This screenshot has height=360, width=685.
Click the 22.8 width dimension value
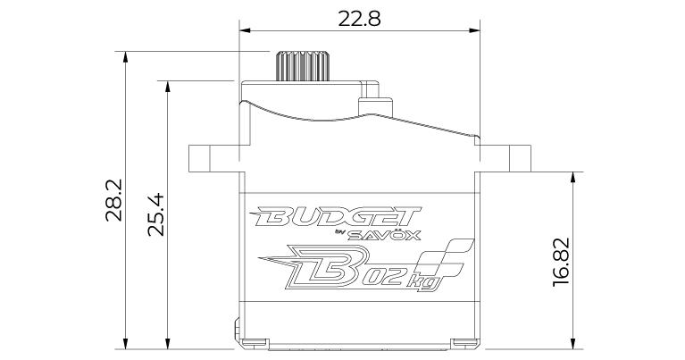pyautogui.click(x=359, y=19)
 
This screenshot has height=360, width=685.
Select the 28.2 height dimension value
pyautogui.click(x=114, y=200)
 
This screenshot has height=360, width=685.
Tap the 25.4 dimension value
pyautogui.click(x=156, y=214)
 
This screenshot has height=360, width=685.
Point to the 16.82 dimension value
pyautogui.click(x=562, y=262)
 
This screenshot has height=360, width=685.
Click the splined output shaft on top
pyautogui.click(x=302, y=66)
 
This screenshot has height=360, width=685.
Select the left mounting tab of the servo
pyautogui.click(x=214, y=158)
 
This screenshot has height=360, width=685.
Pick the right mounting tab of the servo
pyautogui.click(x=505, y=158)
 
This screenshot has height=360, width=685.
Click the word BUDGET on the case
pyautogui.click(x=335, y=217)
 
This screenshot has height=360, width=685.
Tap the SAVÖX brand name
pyautogui.click(x=384, y=236)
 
